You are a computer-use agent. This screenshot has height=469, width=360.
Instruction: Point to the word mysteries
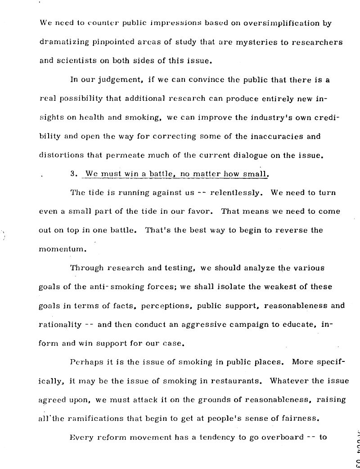tap(243, 43)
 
